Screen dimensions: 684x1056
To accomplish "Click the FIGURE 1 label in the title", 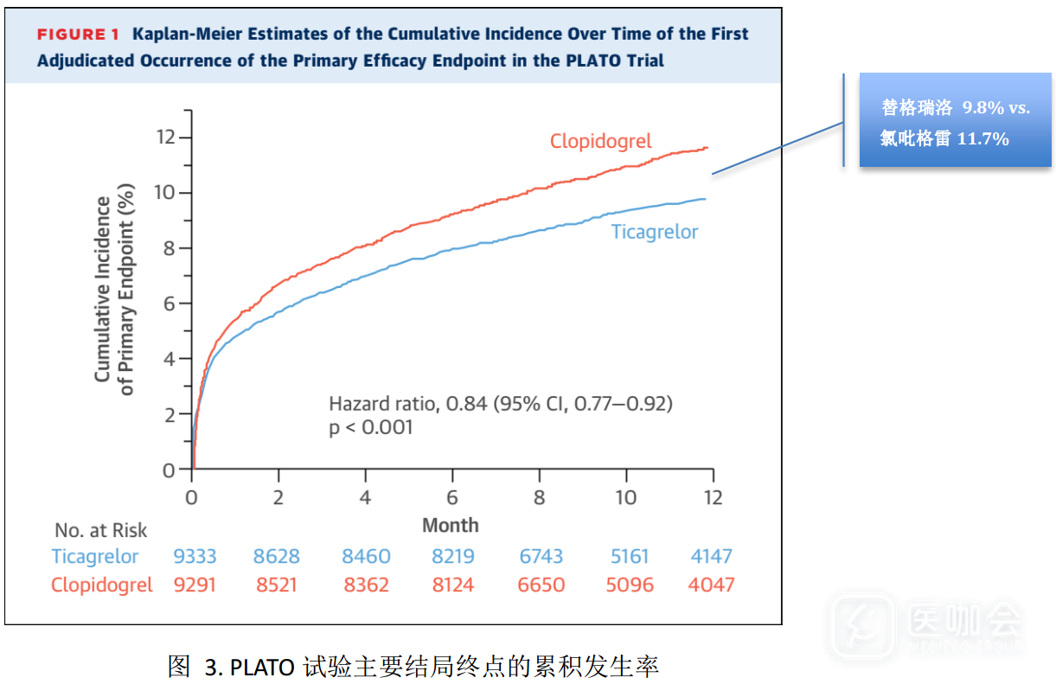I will [78, 35].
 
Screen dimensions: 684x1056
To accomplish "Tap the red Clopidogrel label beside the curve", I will [600, 141].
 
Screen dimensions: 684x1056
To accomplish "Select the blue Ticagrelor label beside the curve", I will [654, 232].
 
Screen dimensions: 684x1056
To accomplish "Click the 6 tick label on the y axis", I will [170, 304].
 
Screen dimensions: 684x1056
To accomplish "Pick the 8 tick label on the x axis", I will [539, 498].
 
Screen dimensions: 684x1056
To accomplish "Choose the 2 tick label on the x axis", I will [278, 498].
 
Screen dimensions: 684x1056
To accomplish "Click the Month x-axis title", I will [450, 525].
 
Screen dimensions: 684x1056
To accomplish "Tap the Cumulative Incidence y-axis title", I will [103, 289].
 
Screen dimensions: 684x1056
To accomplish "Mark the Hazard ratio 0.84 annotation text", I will [500, 403].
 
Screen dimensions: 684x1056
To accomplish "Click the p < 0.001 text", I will [371, 427].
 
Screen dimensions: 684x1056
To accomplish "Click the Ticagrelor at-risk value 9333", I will [195, 557].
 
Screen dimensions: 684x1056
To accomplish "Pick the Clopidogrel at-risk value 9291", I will [195, 585].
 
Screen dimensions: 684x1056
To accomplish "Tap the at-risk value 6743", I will [541, 557].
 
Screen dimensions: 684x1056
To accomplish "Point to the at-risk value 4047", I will [711, 585].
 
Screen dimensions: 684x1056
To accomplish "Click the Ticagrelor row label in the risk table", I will [95, 557].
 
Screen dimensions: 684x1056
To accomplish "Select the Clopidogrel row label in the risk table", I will [102, 585].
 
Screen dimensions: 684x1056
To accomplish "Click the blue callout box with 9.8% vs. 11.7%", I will [955, 122].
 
